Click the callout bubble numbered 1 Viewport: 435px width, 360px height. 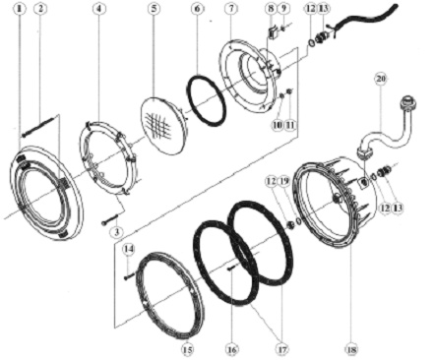tap(20, 9)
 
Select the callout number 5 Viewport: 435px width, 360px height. tap(154, 9)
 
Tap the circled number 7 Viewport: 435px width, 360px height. tap(231, 9)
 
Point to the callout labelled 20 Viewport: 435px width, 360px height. tap(381, 79)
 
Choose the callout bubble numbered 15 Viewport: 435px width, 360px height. tap(187, 350)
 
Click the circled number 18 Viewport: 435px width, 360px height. tap(351, 350)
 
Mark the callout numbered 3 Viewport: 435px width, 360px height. tap(116, 232)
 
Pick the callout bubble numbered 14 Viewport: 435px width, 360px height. tap(129, 249)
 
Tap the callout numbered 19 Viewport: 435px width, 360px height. tap(284, 181)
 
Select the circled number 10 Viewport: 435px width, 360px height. tap(278, 125)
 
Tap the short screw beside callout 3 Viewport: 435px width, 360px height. tap(110, 219)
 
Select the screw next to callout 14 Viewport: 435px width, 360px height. tap(129, 276)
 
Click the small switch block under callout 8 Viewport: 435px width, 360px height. tap(272, 30)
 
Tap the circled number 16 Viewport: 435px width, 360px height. tap(231, 350)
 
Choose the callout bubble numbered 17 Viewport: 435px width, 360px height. tap(282, 350)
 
